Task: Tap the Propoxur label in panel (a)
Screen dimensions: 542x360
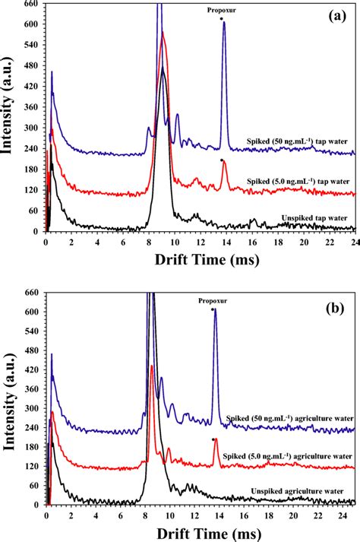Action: [x=221, y=11]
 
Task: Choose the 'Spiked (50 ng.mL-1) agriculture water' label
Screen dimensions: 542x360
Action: [x=289, y=419]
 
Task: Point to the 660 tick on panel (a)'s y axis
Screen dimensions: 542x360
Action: [x=30, y=4]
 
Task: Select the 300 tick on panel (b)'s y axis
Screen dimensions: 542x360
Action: [x=30, y=401]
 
